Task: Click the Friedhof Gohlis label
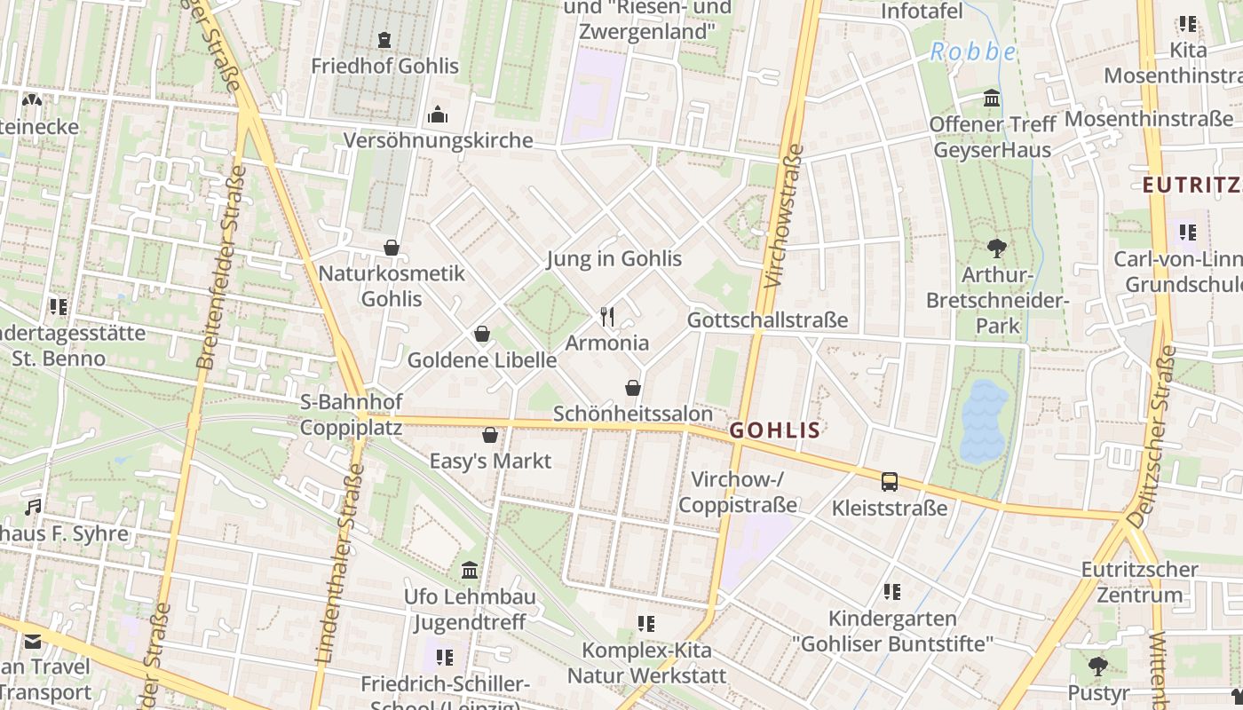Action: coord(384,66)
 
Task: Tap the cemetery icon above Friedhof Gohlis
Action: coord(384,40)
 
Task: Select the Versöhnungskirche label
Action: coord(438,140)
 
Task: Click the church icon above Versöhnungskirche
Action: coord(438,114)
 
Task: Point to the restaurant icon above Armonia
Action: coord(607,317)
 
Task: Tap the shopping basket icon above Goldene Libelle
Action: coord(482,334)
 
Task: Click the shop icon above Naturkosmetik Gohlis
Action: coord(392,248)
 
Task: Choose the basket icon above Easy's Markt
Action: coord(489,435)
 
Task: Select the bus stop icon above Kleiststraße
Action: coord(889,482)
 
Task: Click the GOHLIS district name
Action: coord(774,430)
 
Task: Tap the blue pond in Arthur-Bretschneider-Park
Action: coord(983,422)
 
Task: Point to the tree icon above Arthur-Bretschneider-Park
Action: coord(997,248)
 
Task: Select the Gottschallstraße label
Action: coord(767,319)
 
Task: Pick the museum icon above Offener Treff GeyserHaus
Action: coord(992,98)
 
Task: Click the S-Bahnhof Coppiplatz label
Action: coord(351,414)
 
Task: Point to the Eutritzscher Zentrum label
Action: coord(1140,581)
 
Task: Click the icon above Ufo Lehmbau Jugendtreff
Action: coord(470,570)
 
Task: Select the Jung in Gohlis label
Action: coord(614,258)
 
